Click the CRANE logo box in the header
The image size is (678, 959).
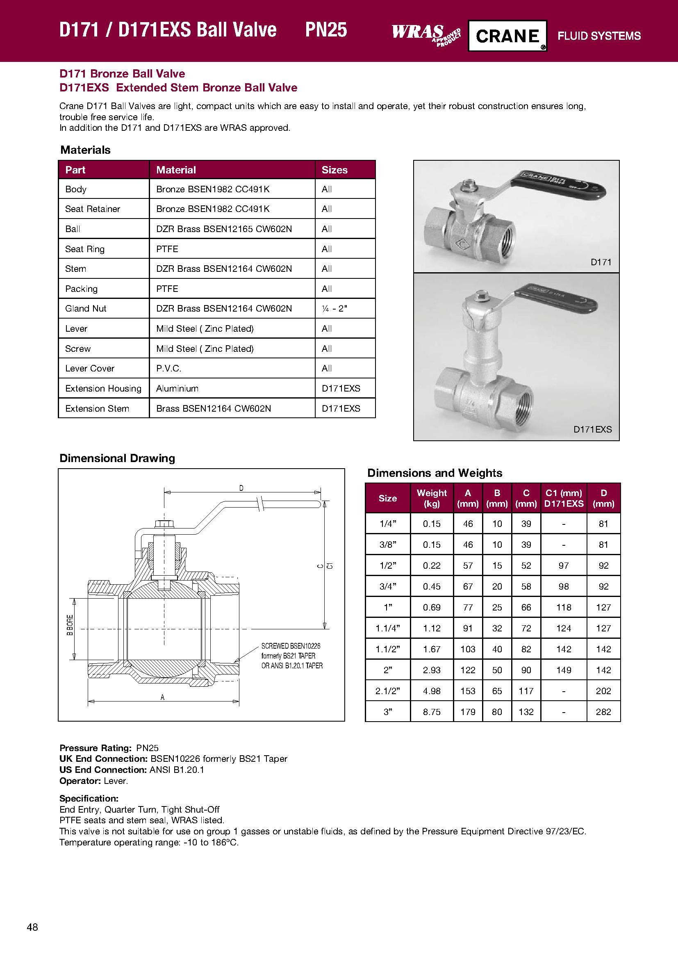tap(507, 36)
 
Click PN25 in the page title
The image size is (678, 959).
tap(325, 30)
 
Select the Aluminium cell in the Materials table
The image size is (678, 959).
tap(177, 388)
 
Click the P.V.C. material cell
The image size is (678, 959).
tap(168, 369)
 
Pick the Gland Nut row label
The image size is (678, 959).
tap(86, 308)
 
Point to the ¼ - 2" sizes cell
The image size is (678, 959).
tap(334, 308)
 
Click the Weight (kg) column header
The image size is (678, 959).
tap(432, 498)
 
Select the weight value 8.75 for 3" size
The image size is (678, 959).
tap(432, 712)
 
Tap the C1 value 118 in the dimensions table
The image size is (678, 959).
tap(564, 607)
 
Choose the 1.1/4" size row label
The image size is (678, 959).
tap(387, 628)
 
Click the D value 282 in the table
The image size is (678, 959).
tap(603, 712)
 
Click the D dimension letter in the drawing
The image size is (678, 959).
tap(241, 488)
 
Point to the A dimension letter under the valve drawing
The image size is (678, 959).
tap(162, 697)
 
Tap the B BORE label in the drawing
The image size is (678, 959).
tap(70, 625)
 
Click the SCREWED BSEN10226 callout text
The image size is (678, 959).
tap(291, 646)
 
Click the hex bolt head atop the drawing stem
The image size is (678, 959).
tap(164, 524)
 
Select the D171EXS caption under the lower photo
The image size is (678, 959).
tap(592, 429)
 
